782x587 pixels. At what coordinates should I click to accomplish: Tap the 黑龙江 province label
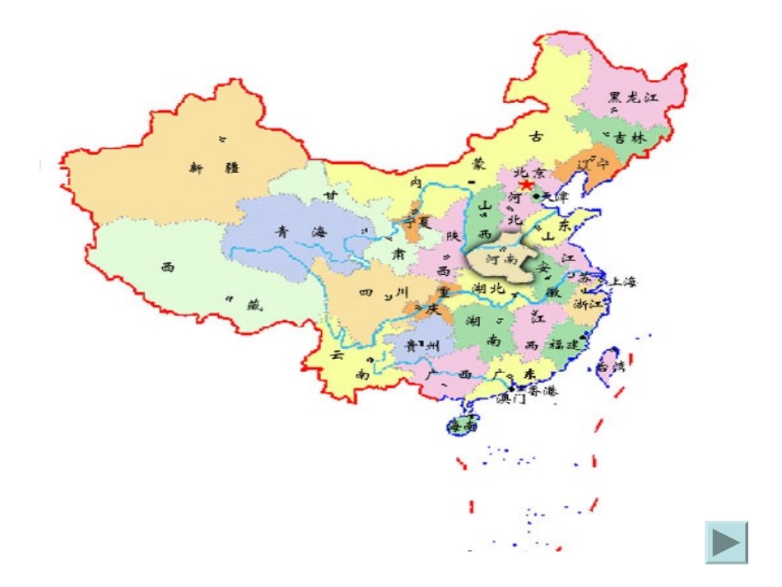(x=634, y=97)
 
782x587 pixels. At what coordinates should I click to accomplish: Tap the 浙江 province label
(x=590, y=304)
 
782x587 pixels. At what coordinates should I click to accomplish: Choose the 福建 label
(x=566, y=344)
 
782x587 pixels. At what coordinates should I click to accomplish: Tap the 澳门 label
(x=511, y=399)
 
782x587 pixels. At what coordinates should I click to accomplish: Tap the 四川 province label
(x=384, y=292)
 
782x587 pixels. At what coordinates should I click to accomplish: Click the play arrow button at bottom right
(x=726, y=543)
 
